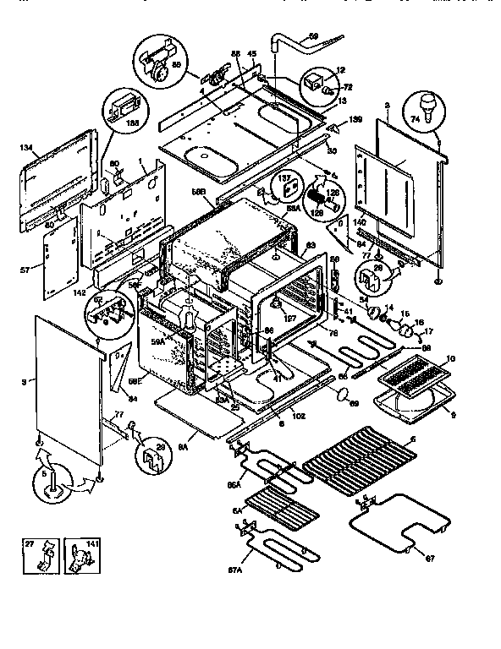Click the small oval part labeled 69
[x=344, y=394]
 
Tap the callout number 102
[x=299, y=416]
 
